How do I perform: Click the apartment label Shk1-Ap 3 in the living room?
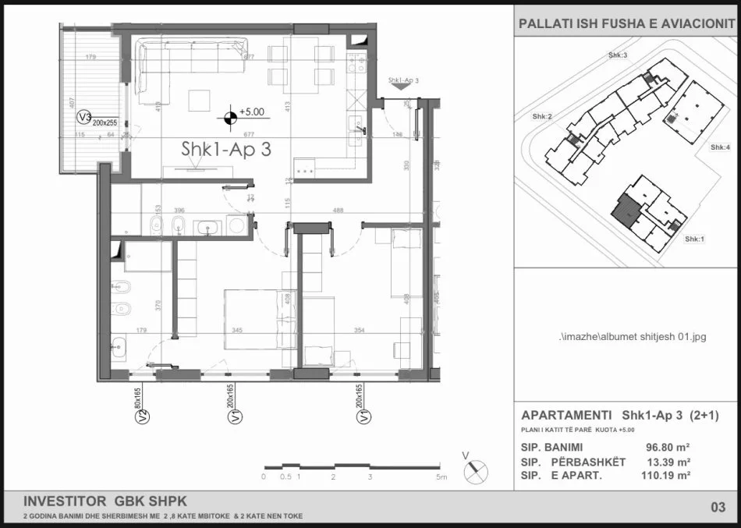click(227, 151)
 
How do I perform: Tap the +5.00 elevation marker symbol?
click(230, 118)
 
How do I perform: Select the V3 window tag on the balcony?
click(83, 117)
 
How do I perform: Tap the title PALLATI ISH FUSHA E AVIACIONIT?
click(626, 25)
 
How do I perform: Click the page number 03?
click(718, 508)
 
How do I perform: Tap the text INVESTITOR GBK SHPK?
click(105, 501)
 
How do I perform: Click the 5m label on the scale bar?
click(441, 477)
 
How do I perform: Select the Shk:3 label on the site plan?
click(618, 55)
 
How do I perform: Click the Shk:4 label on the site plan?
click(720, 147)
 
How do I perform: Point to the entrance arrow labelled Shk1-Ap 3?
click(403, 86)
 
